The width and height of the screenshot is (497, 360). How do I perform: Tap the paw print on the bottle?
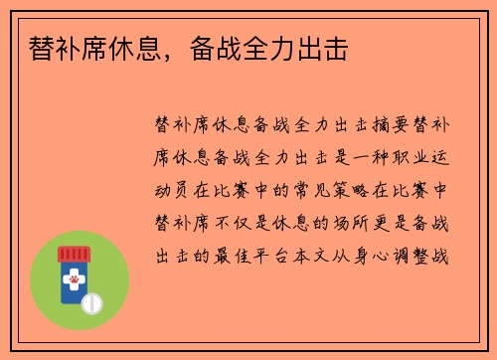[73, 282]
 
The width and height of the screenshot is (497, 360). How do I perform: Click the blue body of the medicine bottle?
[71, 293]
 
